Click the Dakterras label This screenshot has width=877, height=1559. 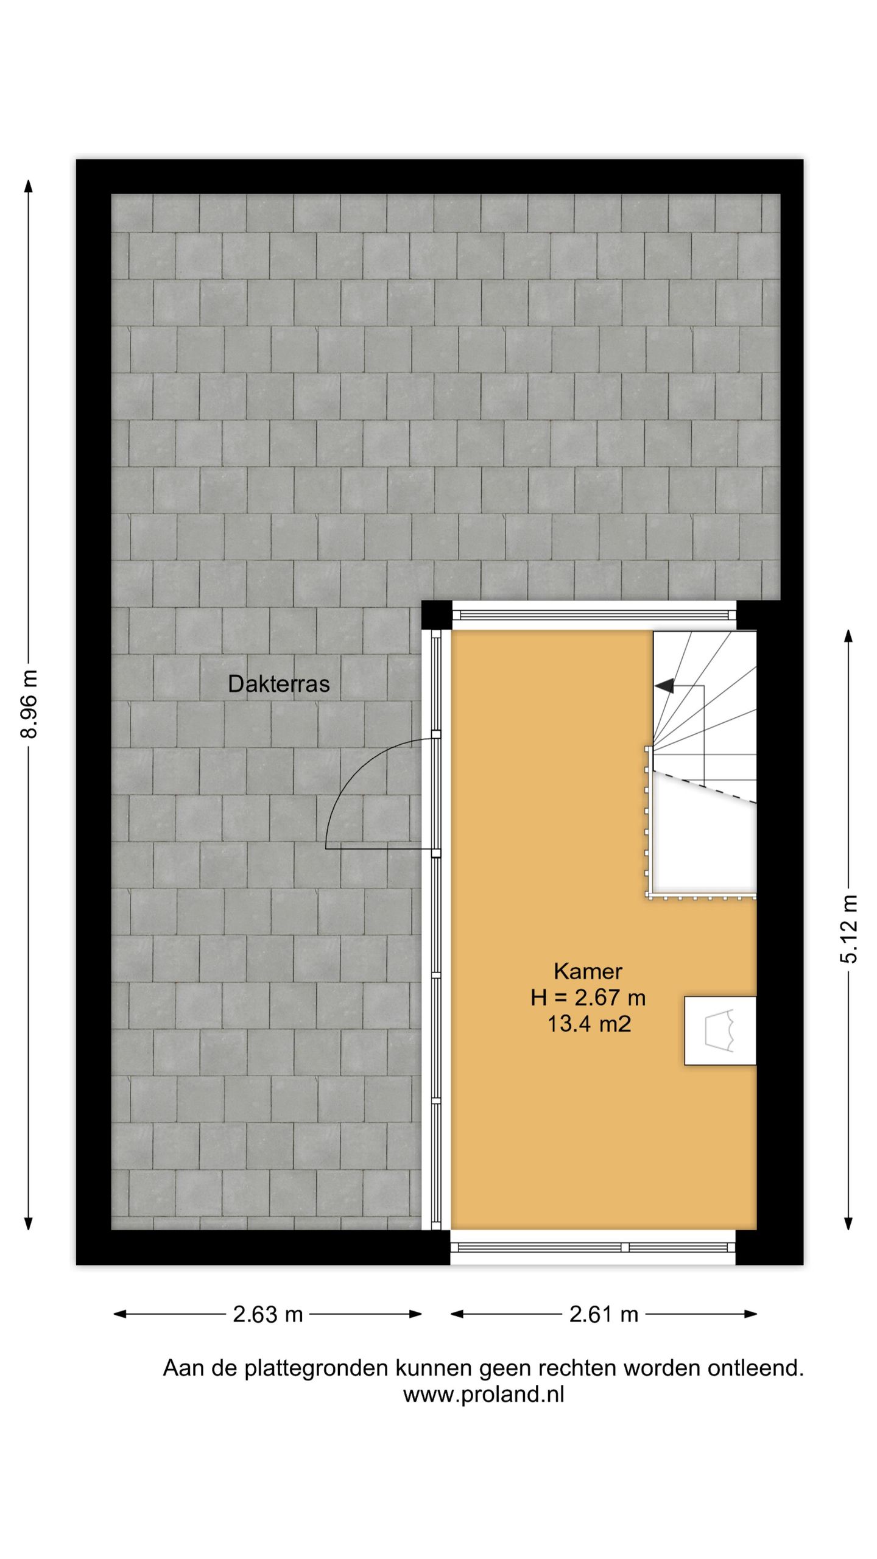[278, 684]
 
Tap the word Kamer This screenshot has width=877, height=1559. [588, 971]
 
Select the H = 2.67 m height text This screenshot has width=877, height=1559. [588, 998]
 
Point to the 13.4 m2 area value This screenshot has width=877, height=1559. [588, 1024]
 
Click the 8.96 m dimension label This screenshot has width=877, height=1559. [29, 704]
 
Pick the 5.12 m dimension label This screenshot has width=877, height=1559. [848, 928]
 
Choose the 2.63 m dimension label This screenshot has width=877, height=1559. [267, 1314]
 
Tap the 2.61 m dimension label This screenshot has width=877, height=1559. [604, 1314]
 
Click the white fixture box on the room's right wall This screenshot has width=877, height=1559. [720, 1030]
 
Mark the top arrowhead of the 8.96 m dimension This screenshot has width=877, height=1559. [29, 185]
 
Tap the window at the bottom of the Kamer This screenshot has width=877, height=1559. [593, 1247]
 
